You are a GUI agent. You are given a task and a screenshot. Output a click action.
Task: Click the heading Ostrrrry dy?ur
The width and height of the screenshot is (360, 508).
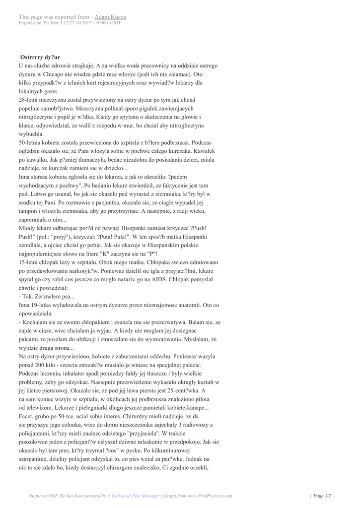tap(40, 58)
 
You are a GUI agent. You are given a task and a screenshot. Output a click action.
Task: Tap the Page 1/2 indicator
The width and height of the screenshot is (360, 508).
tap(323, 495)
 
